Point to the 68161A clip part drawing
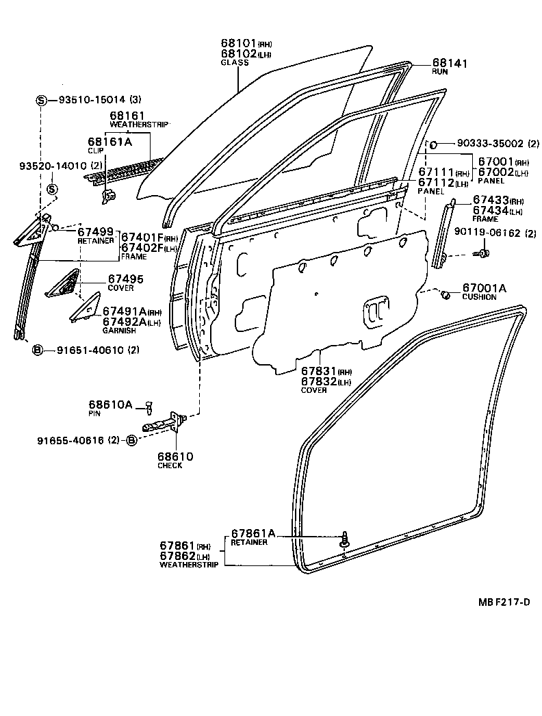(107, 195)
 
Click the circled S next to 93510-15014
(42, 100)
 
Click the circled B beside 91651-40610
(38, 350)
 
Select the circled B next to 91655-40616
(132, 441)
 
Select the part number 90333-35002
(481, 144)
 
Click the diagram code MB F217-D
(503, 602)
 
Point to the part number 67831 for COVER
(318, 370)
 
